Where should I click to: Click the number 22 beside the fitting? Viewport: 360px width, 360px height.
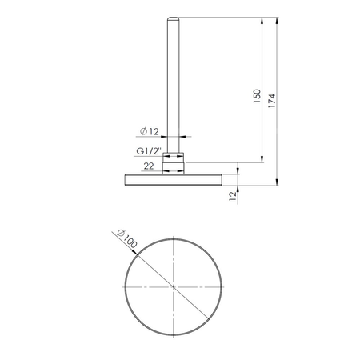point(149,166)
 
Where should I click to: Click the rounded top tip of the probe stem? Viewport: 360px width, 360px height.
point(174,17)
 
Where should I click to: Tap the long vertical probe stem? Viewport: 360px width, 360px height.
point(174,80)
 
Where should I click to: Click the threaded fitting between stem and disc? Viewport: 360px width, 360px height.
point(174,163)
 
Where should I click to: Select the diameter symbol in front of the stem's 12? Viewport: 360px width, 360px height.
point(142,131)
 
